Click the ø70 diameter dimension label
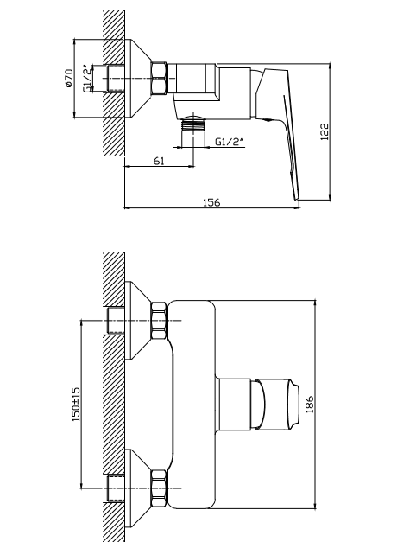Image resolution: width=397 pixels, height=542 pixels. [69, 78]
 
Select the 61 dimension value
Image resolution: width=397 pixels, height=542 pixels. [159, 161]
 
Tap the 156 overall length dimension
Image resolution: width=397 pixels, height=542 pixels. [211, 202]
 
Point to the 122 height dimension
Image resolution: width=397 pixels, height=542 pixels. [325, 131]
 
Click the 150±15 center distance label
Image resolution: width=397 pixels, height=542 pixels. [76, 404]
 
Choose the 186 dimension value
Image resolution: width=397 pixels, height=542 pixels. [309, 404]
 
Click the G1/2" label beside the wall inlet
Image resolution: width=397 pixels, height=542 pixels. [88, 78]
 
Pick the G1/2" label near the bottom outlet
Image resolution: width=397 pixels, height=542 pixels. [230, 142]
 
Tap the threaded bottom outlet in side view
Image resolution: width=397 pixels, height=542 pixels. [193, 124]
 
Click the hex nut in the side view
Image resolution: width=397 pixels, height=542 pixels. [159, 78]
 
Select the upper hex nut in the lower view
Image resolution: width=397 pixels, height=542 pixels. [159, 321]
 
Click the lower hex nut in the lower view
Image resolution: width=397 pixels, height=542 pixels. [159, 488]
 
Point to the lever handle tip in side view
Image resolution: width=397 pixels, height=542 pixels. [296, 197]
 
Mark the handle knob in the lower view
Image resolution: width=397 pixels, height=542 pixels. [275, 405]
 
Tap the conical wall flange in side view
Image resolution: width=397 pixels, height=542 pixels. [137, 79]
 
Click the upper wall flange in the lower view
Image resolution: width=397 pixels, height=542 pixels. [137, 321]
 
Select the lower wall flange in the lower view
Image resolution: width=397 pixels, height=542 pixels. [137, 488]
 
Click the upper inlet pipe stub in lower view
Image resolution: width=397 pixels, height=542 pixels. [116, 321]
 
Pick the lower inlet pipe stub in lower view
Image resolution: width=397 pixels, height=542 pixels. [116, 488]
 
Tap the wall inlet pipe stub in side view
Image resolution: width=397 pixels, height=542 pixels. [116, 79]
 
